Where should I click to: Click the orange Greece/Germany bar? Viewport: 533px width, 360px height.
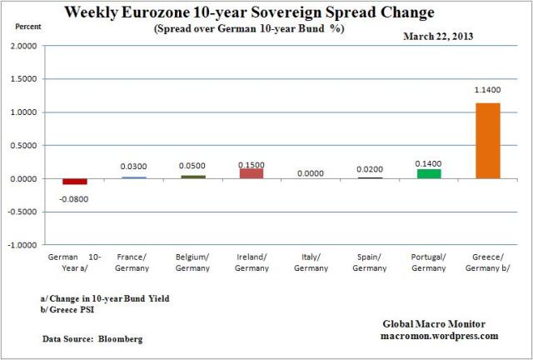click(487, 140)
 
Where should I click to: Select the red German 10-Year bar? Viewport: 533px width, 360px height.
click(75, 182)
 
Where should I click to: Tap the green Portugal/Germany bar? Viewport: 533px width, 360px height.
click(428, 173)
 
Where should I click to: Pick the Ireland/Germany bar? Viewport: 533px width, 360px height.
click(252, 173)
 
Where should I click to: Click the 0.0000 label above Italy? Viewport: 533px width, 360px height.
click(311, 173)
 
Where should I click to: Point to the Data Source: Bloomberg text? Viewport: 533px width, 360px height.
click(92, 339)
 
